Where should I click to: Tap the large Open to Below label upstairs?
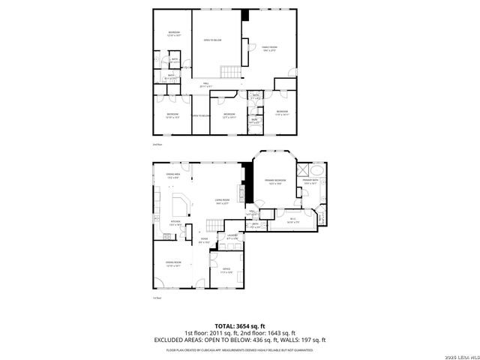pos(212,40)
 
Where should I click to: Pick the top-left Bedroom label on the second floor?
pos(173,33)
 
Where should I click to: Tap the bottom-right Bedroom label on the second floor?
pos(281,113)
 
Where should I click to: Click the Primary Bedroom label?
pos(274,181)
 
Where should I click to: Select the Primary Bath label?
pos(311,181)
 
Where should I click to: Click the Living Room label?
pos(222,201)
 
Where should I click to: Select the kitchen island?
pos(180,206)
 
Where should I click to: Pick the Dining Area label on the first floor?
pos(172,175)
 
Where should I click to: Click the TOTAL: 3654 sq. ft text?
pos(239,326)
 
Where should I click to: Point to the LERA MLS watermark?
pos(458,355)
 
